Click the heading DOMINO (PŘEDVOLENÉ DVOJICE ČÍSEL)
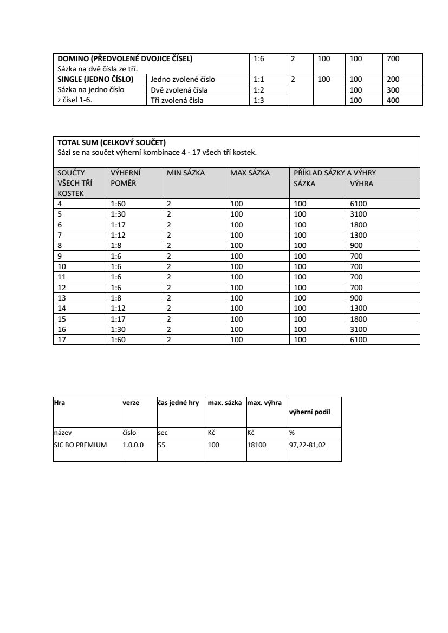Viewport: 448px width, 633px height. click(125, 58)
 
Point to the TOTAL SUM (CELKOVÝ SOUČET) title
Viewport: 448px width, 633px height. click(112, 143)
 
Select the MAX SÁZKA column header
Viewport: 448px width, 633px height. click(250, 173)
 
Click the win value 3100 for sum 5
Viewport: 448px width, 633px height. click(359, 214)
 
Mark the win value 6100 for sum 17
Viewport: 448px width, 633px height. click(359, 340)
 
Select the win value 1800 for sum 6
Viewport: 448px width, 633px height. click(359, 225)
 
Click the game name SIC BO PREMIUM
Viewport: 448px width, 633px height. click(80, 445)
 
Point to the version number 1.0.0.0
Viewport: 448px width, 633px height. click(133, 445)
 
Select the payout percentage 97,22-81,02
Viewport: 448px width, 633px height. click(308, 445)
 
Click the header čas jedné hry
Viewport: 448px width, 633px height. click(178, 403)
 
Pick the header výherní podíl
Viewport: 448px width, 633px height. click(310, 412)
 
